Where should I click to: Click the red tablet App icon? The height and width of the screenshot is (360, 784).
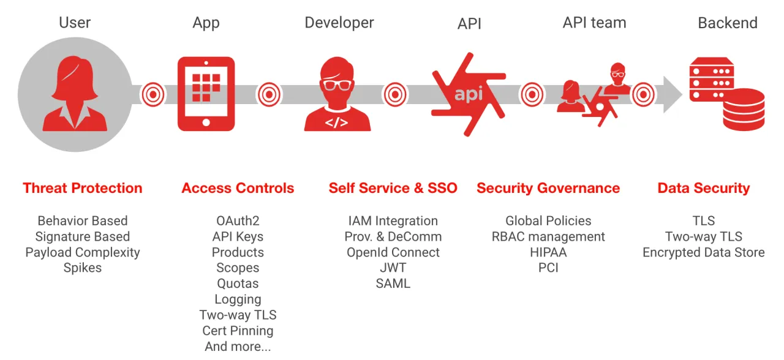[x=206, y=94]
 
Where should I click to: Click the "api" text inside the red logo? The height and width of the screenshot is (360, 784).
[x=468, y=94]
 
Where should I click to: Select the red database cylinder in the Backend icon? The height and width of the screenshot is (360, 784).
[x=744, y=109]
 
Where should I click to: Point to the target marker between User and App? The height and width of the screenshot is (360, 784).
[x=153, y=94]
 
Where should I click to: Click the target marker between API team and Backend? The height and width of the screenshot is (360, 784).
[x=643, y=94]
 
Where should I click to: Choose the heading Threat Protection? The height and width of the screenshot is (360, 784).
[x=83, y=188]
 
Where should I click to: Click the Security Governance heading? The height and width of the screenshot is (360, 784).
[x=548, y=188]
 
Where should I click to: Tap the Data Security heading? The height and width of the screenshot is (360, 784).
[x=703, y=188]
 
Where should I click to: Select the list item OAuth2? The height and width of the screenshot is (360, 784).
[x=238, y=221]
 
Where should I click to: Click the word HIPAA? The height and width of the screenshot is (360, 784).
[x=548, y=252]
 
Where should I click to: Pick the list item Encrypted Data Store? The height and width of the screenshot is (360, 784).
[x=703, y=252]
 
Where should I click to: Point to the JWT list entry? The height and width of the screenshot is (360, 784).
[x=393, y=268]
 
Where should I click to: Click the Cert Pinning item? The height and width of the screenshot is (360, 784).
[x=238, y=331]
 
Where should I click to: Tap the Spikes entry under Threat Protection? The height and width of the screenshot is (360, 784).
[x=83, y=268]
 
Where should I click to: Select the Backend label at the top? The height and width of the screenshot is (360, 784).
[x=728, y=23]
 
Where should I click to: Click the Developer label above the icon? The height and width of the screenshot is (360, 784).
[x=339, y=23]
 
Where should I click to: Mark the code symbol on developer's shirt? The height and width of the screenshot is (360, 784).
[x=336, y=122]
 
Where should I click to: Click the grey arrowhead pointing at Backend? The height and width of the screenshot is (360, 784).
[x=673, y=94]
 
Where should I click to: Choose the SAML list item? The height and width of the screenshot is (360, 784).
[x=393, y=283]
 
